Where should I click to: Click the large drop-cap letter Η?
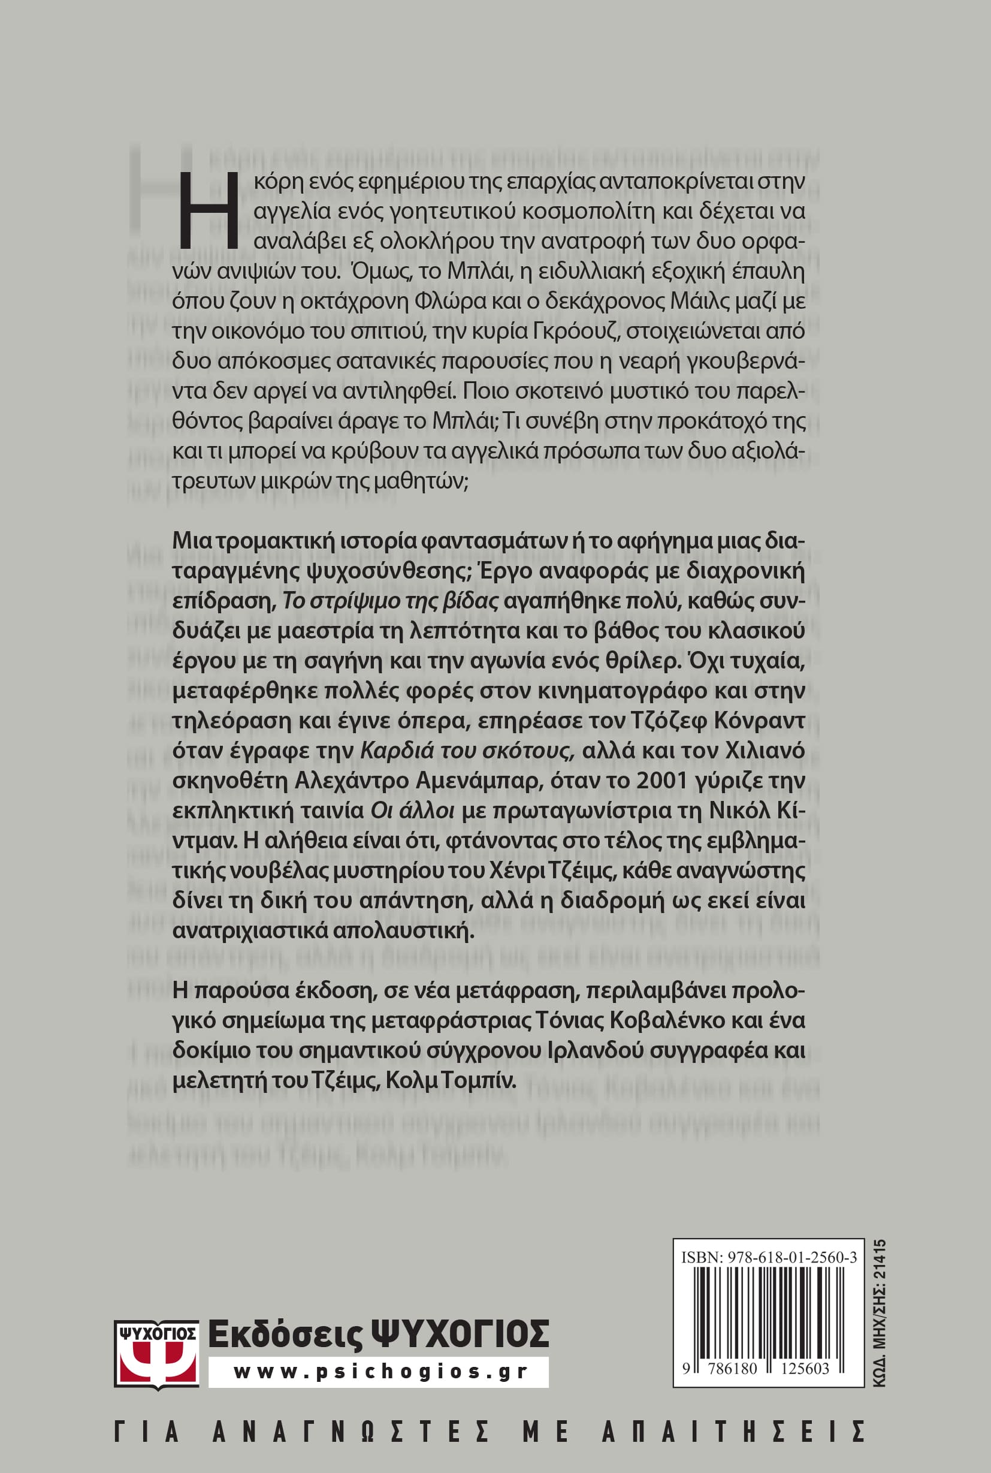pos(209,210)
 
